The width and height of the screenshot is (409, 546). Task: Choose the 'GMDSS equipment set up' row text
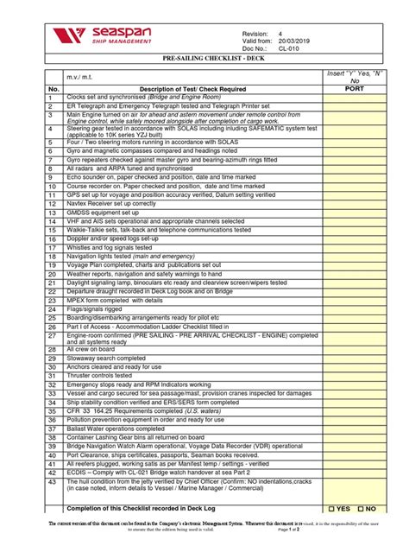(x=102, y=213)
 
